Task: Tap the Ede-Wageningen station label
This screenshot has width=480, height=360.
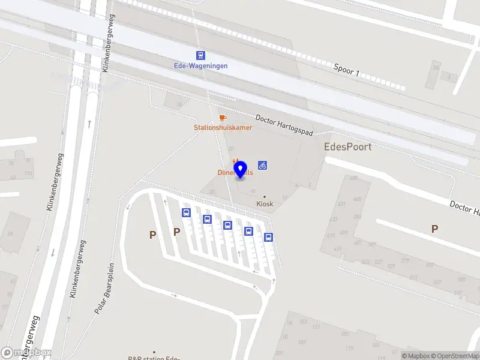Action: (201, 65)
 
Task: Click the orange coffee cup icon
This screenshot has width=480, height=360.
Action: (223, 117)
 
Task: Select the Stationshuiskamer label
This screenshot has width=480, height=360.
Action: (223, 127)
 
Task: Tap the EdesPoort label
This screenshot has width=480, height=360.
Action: (347, 146)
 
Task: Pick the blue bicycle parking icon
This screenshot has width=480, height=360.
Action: (263, 165)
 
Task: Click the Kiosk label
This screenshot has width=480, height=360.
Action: (265, 203)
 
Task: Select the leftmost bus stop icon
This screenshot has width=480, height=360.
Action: (186, 212)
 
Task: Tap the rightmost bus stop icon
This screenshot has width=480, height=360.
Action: (268, 237)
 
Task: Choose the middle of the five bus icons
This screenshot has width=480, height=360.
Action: (227, 225)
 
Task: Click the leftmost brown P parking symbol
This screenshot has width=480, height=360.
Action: (153, 235)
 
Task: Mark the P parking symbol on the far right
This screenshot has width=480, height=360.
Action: (434, 229)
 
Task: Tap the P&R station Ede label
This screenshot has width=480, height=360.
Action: (154, 358)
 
